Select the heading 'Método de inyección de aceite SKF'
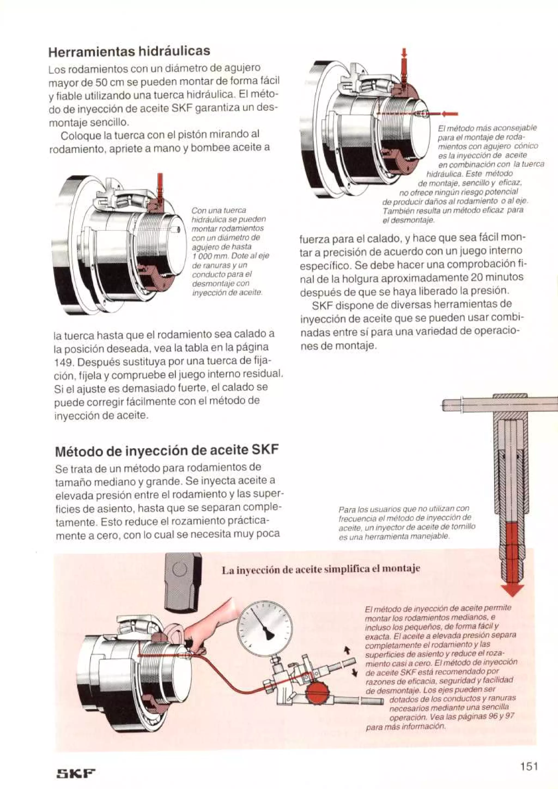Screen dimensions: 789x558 pyautogui.click(x=166, y=450)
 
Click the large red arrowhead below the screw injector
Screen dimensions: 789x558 pyautogui.click(x=512, y=589)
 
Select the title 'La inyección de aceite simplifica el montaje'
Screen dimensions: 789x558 pyautogui.click(x=321, y=570)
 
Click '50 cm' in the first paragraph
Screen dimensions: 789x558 pyautogui.click(x=105, y=81)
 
